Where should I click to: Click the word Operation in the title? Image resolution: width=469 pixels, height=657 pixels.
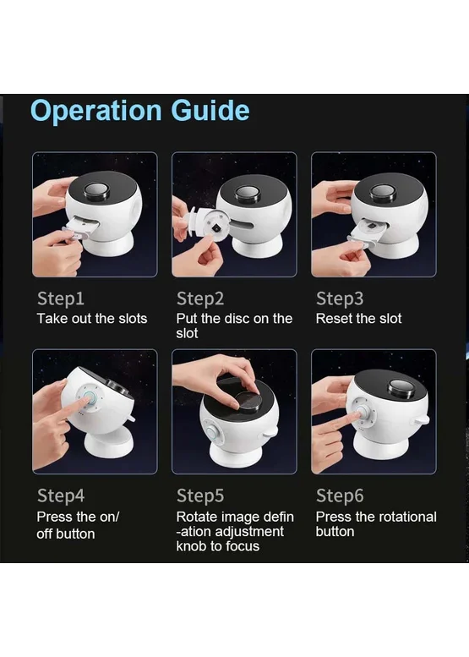[x=95, y=112]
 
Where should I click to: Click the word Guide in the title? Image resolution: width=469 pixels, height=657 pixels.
[x=210, y=110]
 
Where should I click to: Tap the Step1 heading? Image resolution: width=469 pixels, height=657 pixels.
[x=61, y=298]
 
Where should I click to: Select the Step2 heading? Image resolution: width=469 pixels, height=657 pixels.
[x=200, y=298]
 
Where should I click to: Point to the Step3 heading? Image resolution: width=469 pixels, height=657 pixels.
[x=340, y=298]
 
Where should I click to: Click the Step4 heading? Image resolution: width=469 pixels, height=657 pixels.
[x=61, y=495]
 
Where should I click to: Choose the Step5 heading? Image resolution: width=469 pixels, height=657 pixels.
[x=200, y=495]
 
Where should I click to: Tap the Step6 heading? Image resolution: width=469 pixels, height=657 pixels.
[x=340, y=495]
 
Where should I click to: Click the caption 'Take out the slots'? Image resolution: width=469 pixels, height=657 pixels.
[x=92, y=319]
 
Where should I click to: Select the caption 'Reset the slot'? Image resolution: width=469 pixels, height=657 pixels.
[x=359, y=319]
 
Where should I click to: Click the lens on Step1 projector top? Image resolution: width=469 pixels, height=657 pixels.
[x=96, y=190]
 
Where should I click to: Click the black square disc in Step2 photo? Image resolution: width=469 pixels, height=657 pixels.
[x=216, y=228]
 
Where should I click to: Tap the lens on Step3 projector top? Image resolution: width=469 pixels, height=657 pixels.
[x=382, y=191]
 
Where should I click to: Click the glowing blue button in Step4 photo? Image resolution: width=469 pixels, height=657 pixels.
[x=89, y=397]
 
